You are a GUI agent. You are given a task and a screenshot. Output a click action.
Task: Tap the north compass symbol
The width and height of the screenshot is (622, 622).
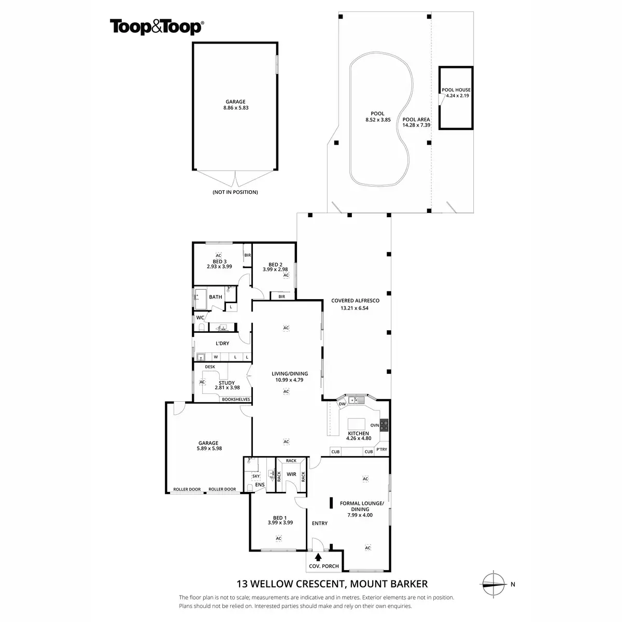click(x=493, y=584)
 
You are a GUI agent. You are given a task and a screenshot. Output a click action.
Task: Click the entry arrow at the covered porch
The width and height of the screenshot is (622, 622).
click(x=318, y=557)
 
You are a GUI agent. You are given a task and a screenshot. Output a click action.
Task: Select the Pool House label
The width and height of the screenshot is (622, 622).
click(x=456, y=90)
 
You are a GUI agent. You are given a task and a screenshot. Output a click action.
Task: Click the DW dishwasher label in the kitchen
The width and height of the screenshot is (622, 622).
click(x=342, y=404)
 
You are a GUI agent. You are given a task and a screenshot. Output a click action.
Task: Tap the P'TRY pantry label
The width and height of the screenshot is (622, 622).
click(x=381, y=449)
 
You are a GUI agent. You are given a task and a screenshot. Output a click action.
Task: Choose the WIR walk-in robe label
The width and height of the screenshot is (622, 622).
click(x=291, y=473)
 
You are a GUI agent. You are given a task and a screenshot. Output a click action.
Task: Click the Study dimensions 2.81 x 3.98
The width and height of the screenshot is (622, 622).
click(x=227, y=387)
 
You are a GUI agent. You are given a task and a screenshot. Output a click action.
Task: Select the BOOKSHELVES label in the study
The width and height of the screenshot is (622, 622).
click(x=236, y=399)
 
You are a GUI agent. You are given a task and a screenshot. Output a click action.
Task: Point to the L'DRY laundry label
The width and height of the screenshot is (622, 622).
click(x=222, y=343)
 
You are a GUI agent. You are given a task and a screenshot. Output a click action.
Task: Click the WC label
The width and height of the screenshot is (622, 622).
click(x=200, y=318)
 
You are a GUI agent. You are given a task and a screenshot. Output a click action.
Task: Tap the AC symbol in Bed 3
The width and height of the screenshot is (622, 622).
click(x=218, y=256)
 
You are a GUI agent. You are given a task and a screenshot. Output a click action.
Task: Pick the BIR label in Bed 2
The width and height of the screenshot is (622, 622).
click(x=281, y=296)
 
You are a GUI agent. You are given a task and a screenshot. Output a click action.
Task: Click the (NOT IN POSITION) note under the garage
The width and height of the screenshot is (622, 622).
click(x=235, y=192)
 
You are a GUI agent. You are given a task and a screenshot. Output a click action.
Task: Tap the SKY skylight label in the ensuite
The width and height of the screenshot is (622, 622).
click(x=256, y=476)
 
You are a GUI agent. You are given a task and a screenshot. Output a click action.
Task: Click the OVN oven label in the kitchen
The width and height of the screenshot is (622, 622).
click(x=375, y=425)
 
